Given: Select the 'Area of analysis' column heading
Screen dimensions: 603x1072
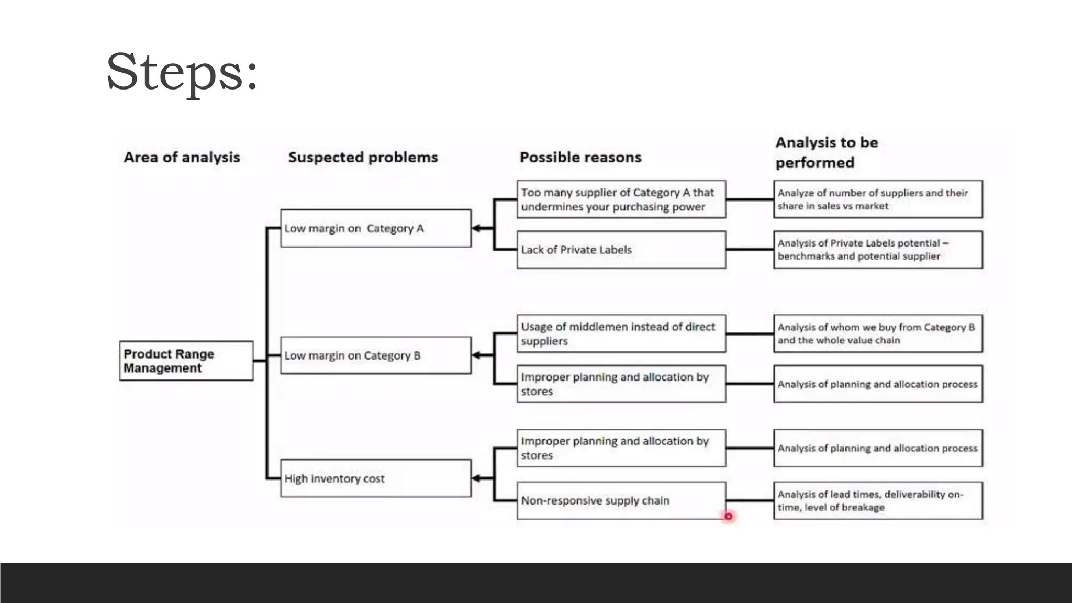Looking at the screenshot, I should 182,157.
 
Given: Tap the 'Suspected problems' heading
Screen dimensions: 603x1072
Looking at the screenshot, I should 363,157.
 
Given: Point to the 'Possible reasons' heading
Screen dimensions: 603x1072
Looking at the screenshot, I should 580,157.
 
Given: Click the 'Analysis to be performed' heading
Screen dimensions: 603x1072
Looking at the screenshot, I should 826,152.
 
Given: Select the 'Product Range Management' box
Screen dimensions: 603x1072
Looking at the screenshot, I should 186,361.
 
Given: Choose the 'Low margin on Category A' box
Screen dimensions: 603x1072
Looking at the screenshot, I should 375,228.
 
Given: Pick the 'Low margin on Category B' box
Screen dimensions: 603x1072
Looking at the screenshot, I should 375,355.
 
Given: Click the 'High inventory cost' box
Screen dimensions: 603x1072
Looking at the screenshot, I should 375,478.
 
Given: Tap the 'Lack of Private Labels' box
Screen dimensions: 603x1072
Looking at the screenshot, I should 621,250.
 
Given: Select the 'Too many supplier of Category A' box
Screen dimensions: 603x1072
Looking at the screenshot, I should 621,199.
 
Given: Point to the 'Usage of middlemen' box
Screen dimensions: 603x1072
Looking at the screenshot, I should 621,333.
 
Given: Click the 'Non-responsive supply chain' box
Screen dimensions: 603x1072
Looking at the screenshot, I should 621,500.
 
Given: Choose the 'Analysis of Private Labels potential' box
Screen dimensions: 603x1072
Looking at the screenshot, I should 878,250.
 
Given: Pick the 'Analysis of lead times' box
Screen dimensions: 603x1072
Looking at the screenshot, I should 878,500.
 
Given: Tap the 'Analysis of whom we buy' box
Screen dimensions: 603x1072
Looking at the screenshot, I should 878,333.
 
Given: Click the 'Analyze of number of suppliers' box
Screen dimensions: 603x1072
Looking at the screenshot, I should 878,199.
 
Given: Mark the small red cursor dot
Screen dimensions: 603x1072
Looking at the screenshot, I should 728,517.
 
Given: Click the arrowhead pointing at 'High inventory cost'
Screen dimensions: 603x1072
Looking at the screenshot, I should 476,478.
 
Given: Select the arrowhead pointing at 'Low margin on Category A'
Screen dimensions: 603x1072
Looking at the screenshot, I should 476,228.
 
